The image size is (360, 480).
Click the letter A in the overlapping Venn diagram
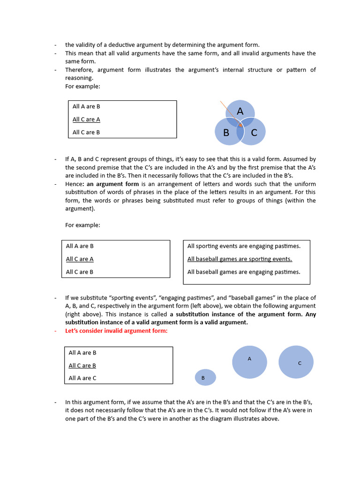point(240,111)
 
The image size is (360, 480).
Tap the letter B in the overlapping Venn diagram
point(226,133)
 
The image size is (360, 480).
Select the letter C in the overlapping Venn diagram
point(254,133)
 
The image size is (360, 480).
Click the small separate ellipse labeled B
point(205,377)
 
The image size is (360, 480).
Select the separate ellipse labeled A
point(249,362)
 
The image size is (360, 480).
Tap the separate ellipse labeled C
point(296,362)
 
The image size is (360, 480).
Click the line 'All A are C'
point(82,378)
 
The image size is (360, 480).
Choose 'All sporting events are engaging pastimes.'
point(244,246)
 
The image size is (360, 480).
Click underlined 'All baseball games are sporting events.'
point(240,259)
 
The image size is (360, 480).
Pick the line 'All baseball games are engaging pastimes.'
point(244,272)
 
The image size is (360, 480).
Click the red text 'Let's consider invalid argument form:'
point(116,331)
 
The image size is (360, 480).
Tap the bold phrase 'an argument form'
point(112,184)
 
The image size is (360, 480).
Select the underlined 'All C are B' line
point(82,366)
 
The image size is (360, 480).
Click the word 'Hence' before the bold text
point(74,184)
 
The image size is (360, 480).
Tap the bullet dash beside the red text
point(55,331)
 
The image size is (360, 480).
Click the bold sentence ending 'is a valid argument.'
point(157,322)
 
